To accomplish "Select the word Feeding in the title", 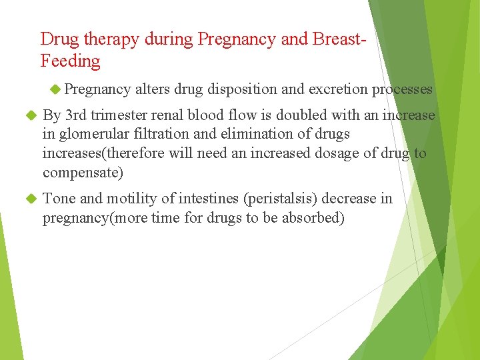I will pyautogui.click(x=70, y=61).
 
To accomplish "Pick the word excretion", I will pyautogui.click(x=339, y=89).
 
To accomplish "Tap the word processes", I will pyautogui.click(x=402, y=89).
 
